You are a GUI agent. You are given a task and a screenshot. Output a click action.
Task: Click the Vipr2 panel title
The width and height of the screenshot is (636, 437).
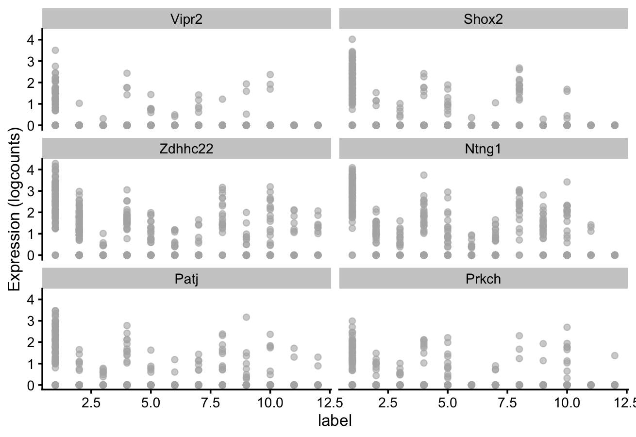(x=186, y=19)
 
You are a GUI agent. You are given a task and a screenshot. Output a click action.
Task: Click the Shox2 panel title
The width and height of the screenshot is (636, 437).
(x=483, y=19)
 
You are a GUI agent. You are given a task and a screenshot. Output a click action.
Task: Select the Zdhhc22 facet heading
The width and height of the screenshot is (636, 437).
(x=186, y=149)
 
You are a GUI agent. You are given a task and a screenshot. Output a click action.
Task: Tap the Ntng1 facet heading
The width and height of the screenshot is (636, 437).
(x=483, y=149)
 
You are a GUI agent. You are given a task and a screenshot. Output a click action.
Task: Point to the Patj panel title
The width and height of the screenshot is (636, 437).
(x=186, y=279)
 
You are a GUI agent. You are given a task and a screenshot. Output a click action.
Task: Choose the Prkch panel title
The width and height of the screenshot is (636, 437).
(x=483, y=279)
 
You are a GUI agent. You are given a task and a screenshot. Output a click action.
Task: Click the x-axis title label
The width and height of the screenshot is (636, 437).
(x=335, y=420)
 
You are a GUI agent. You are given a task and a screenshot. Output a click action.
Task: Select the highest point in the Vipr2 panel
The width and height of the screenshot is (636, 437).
(x=55, y=50)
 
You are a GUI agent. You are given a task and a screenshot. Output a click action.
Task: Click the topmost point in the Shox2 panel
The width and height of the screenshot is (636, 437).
(x=352, y=39)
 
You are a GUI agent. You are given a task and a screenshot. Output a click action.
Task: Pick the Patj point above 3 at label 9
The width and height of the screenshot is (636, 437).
(x=246, y=317)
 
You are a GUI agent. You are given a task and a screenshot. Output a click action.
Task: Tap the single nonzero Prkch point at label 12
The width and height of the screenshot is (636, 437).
(x=615, y=355)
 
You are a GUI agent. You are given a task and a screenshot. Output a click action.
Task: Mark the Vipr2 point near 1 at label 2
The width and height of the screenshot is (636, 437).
(x=79, y=103)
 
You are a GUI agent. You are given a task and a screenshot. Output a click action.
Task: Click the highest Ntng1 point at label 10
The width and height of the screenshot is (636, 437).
(x=567, y=182)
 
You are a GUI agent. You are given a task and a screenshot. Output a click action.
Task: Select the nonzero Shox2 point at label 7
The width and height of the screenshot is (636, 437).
(x=495, y=102)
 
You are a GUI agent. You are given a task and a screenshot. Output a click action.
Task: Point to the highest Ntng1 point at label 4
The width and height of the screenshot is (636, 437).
(x=424, y=175)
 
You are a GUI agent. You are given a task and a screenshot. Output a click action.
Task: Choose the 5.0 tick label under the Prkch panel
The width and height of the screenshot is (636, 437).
(x=447, y=403)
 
